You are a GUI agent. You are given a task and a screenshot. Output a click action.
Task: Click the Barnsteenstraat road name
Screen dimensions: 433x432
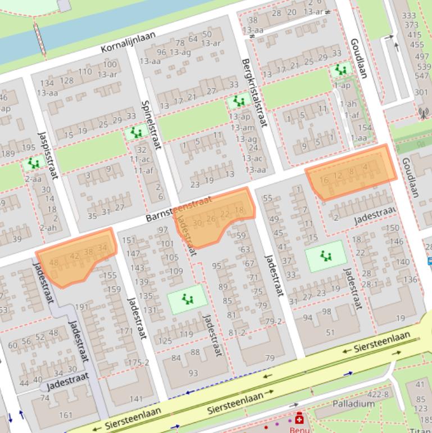pyautogui.click(x=178, y=208)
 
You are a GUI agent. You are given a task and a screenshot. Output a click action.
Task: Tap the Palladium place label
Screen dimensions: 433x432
pyautogui.click(x=353, y=404)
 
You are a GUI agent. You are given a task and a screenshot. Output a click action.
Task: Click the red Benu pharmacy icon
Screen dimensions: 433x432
pyautogui.click(x=299, y=419)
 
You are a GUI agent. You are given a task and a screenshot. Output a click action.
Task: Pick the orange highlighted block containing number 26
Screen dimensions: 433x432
pyautogui.click(x=215, y=216)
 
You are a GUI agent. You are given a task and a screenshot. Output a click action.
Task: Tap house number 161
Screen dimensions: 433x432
pyautogui.click(x=65, y=416)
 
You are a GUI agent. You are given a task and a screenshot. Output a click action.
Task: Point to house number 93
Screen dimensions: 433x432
pyautogui.click(x=193, y=373)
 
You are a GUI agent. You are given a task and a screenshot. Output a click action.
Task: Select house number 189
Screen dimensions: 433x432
pyautogui.click(x=8, y=154)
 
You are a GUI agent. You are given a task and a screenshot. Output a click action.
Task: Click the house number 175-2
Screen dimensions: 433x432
pyautogui.click(x=138, y=363)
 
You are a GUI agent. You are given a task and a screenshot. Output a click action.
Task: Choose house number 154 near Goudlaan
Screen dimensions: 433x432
pyautogui.click(x=365, y=128)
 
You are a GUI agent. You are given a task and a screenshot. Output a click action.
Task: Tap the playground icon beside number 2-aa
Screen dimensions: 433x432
pyautogui.click(x=34, y=164)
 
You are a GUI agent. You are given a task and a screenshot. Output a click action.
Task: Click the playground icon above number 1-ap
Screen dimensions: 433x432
pyautogui.click(x=340, y=70)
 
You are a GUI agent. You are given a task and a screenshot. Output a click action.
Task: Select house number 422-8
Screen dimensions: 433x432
pyautogui.click(x=378, y=394)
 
